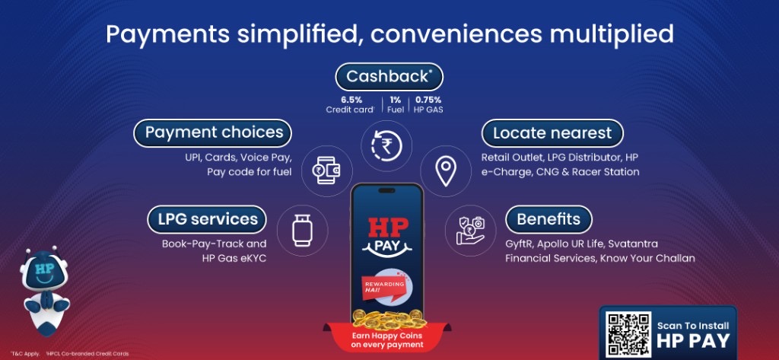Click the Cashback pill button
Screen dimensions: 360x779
pos(389,77)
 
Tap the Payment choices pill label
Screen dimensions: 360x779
pos(214,132)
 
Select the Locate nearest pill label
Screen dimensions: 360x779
pos(552,133)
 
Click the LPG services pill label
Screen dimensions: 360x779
pos(207,219)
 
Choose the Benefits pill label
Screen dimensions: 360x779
pos(548,219)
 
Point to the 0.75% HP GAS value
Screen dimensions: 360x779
pos(428,104)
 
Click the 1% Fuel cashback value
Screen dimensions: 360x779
pos(395,104)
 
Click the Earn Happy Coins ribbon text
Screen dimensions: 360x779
pos(386,340)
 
